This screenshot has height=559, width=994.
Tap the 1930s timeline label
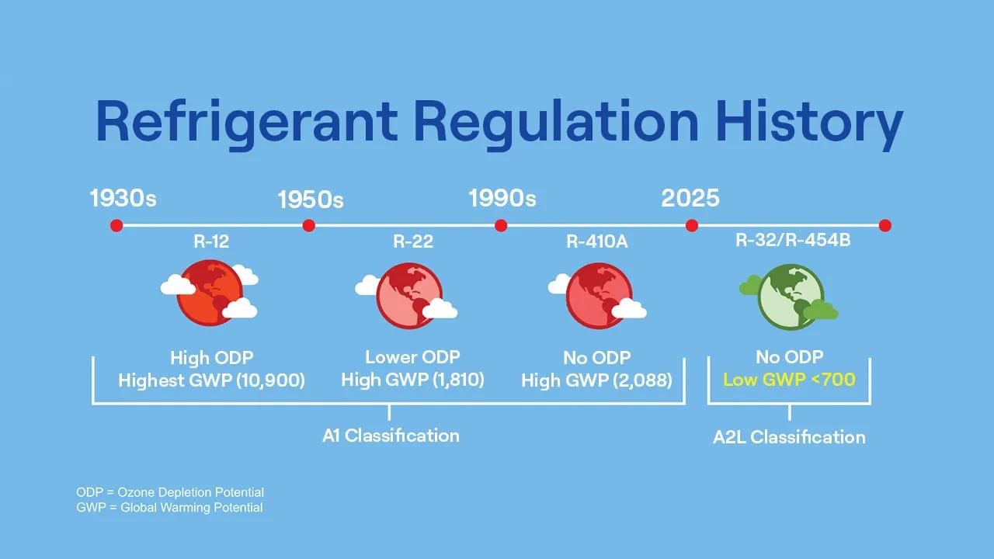click(123, 199)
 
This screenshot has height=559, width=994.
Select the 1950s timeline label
click(311, 200)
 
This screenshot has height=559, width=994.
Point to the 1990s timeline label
click(502, 199)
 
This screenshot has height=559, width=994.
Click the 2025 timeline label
click(690, 198)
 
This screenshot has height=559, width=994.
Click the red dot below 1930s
click(116, 226)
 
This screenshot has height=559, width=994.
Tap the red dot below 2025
click(691, 226)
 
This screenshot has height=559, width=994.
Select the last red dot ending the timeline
click(885, 226)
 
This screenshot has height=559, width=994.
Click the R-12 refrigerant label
click(211, 242)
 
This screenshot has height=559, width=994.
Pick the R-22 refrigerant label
click(413, 242)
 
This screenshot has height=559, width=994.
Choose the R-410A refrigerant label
click(596, 242)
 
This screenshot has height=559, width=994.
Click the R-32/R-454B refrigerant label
click(793, 240)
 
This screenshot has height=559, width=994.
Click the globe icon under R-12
click(210, 293)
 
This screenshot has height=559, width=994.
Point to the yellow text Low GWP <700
click(789, 380)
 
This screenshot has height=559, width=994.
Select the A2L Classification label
click(789, 437)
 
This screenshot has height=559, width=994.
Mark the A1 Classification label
click(391, 436)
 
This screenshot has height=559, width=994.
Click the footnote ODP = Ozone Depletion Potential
click(170, 492)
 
